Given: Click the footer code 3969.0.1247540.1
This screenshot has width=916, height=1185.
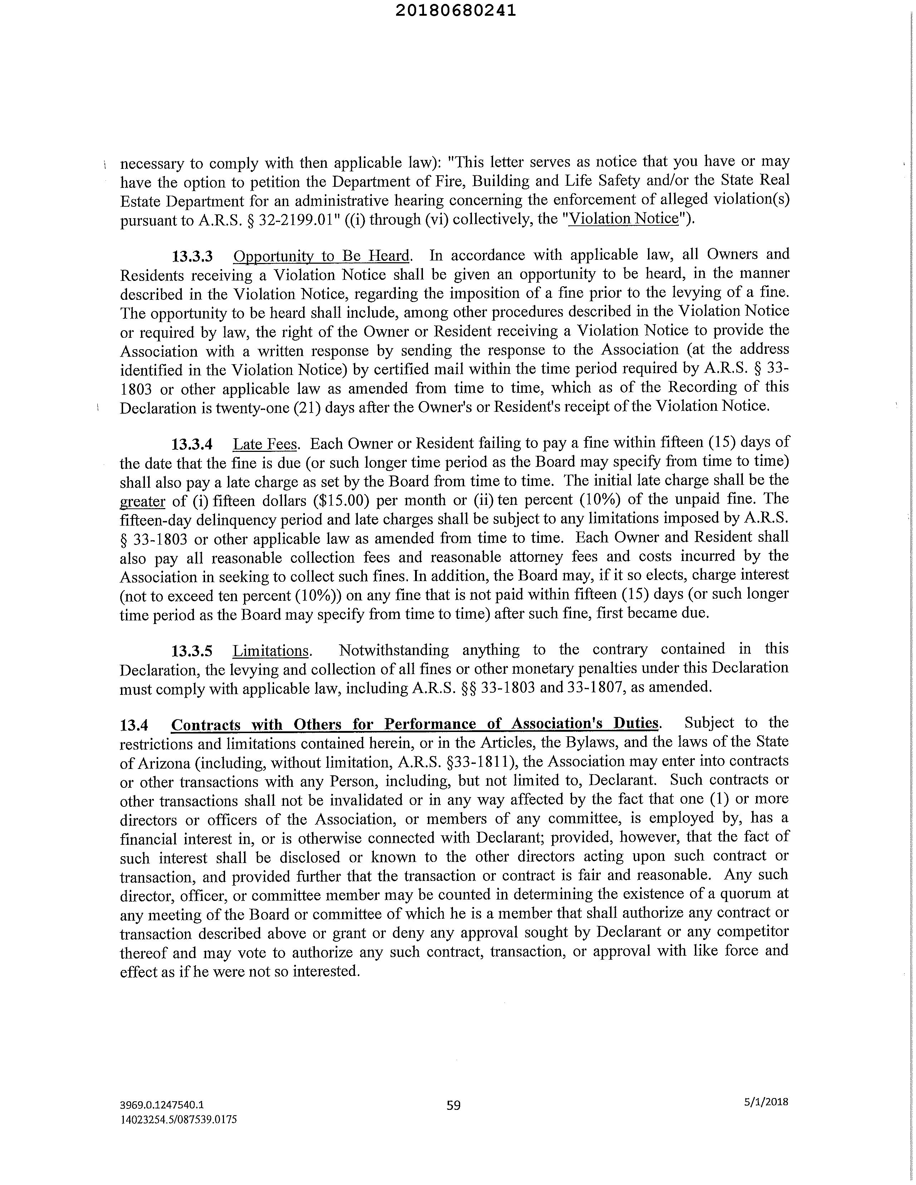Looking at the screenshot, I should (x=162, y=1104).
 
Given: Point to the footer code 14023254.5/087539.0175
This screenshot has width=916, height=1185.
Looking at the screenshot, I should (x=179, y=1119).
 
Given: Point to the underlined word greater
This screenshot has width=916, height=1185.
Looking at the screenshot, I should (x=142, y=501).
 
